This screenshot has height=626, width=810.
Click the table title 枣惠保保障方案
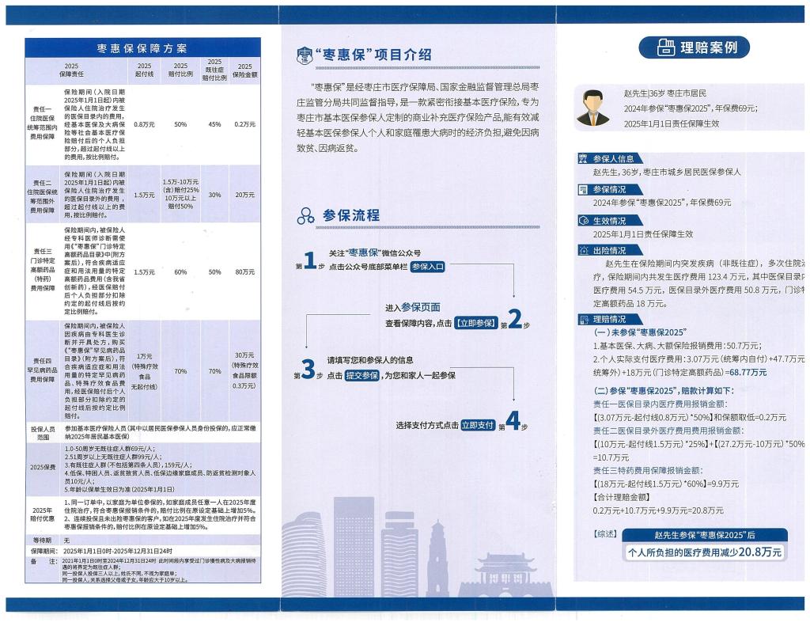click(x=142, y=48)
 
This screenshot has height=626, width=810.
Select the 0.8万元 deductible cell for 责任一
click(x=144, y=124)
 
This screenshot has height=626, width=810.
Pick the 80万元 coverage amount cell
click(x=244, y=272)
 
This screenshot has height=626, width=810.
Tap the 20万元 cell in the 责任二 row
click(x=244, y=195)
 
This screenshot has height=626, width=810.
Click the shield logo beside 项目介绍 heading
click(x=304, y=55)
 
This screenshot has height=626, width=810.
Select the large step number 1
click(x=310, y=259)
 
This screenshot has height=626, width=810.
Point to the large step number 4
click(x=512, y=423)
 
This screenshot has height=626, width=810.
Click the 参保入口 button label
click(x=427, y=267)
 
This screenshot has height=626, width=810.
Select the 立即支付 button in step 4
click(x=478, y=425)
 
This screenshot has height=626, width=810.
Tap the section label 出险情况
click(x=609, y=250)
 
